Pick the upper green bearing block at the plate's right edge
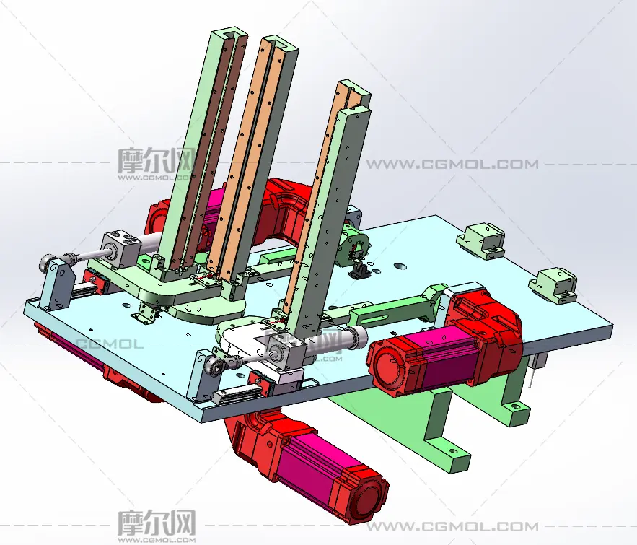(481, 240)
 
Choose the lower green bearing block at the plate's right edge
(554, 285)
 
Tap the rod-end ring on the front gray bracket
(214, 366)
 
